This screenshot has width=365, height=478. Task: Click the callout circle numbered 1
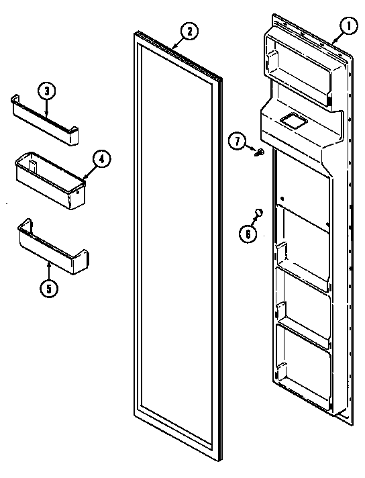tap(348, 28)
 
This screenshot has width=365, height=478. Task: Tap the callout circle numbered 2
tap(190, 30)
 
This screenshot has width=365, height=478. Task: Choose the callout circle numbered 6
tap(248, 234)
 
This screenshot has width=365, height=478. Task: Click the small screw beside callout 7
tap(258, 152)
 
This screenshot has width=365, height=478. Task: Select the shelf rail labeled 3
tap(44, 121)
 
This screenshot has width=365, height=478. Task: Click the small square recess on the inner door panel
tap(291, 122)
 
